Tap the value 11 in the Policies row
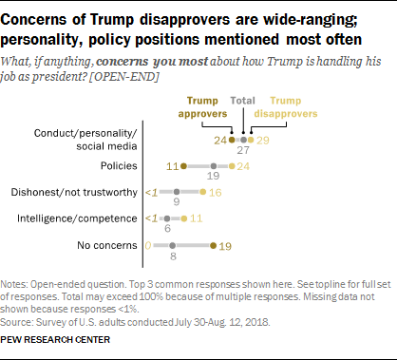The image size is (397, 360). click(174, 164)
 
